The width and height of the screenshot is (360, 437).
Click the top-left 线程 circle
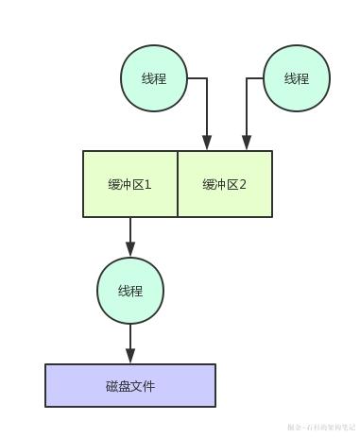(154, 78)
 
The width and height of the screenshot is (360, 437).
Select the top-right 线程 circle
(297, 78)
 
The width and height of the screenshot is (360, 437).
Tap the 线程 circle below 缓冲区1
(130, 291)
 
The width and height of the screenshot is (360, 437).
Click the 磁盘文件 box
(130, 385)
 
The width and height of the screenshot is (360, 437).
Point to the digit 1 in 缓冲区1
(147, 185)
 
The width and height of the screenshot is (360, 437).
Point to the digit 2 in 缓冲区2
(243, 185)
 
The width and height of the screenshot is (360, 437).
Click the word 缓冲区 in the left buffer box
(126, 185)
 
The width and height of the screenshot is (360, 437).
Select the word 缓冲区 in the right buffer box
(220, 185)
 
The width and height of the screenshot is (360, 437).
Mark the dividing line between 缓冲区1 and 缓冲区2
(178, 184)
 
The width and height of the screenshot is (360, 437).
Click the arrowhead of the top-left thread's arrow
(207, 144)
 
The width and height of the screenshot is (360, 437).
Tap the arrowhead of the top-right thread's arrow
(247, 144)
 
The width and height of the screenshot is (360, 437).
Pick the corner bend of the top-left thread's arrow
(207, 79)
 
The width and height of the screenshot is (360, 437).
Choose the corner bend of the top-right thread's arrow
(247, 79)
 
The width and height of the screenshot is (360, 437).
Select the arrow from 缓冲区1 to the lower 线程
(130, 234)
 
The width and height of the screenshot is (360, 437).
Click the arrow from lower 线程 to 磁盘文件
(130, 340)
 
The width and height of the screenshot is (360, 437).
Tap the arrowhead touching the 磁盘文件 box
(130, 358)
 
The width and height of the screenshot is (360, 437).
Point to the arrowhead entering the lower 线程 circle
(130, 251)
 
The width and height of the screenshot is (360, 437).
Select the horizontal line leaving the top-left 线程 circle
(197, 79)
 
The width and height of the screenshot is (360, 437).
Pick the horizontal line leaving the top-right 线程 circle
(255, 79)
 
